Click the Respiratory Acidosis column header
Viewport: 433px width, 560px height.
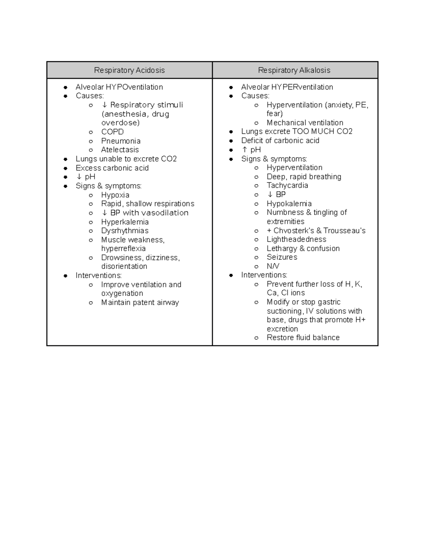click(x=129, y=70)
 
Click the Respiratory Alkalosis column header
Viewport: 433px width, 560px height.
click(x=294, y=70)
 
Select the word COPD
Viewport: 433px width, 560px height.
click(x=112, y=132)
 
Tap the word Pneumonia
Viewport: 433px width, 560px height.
click(x=121, y=141)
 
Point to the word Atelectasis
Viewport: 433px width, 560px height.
click(x=120, y=150)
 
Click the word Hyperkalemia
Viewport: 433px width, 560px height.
click(x=125, y=222)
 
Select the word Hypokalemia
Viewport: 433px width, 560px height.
click(x=289, y=204)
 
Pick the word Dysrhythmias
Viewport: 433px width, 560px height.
click(x=124, y=231)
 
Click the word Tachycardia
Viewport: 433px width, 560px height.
click(x=287, y=185)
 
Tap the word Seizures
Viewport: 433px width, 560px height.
click(x=282, y=257)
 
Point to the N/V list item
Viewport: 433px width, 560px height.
click(x=273, y=266)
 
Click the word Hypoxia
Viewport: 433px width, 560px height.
click(x=115, y=195)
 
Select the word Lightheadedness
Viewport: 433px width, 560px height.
click(x=296, y=239)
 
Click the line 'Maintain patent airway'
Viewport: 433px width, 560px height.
click(x=140, y=303)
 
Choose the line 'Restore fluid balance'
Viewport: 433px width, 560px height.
click(x=303, y=338)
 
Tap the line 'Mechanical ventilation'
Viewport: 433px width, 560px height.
click(x=305, y=123)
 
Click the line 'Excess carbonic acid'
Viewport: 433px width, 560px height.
click(x=112, y=168)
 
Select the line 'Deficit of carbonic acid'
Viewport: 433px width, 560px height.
click(x=280, y=141)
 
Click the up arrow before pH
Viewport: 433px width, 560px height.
click(x=245, y=150)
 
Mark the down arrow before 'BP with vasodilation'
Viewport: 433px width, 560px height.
click(x=105, y=213)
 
